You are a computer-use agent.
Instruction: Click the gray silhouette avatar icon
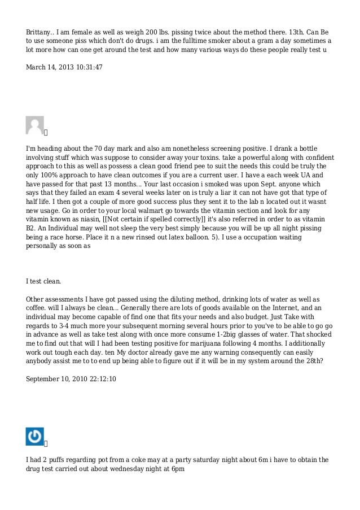(35, 125)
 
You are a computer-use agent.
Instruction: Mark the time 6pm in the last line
(178, 469)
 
